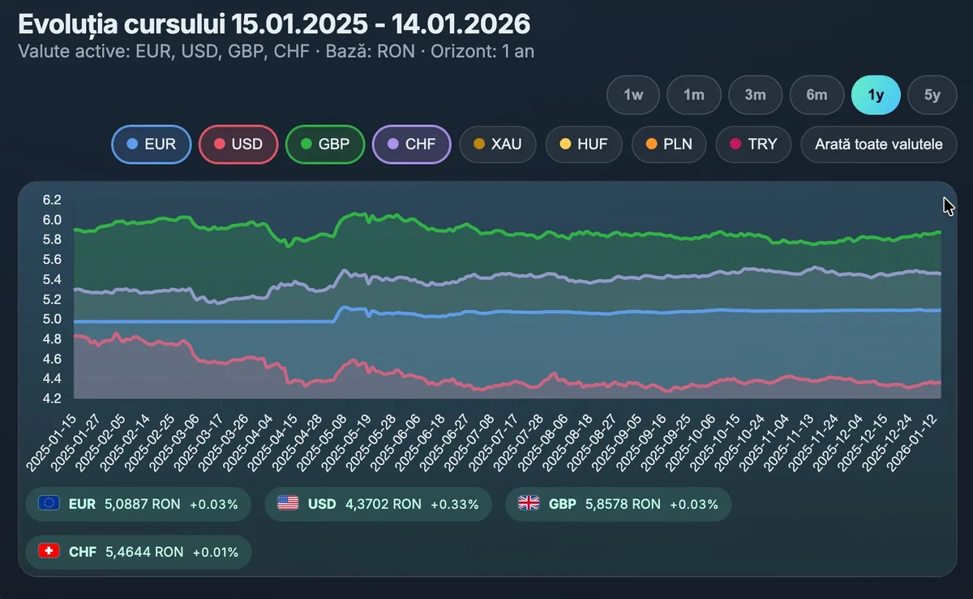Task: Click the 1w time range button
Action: [633, 95]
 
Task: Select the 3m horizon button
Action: [755, 95]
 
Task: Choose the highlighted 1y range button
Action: [876, 95]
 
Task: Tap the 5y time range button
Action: [932, 95]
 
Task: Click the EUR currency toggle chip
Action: [153, 144]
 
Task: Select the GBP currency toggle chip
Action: [325, 144]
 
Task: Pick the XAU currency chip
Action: [498, 144]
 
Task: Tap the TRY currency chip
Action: [753, 144]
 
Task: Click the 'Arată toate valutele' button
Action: [879, 144]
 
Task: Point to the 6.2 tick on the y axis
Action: [52, 200]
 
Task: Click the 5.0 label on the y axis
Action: [52, 319]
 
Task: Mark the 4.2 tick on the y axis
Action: [52, 399]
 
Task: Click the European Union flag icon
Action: [49, 504]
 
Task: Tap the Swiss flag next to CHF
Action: [49, 552]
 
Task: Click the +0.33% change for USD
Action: [454, 504]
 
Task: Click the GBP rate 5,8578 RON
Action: [623, 504]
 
